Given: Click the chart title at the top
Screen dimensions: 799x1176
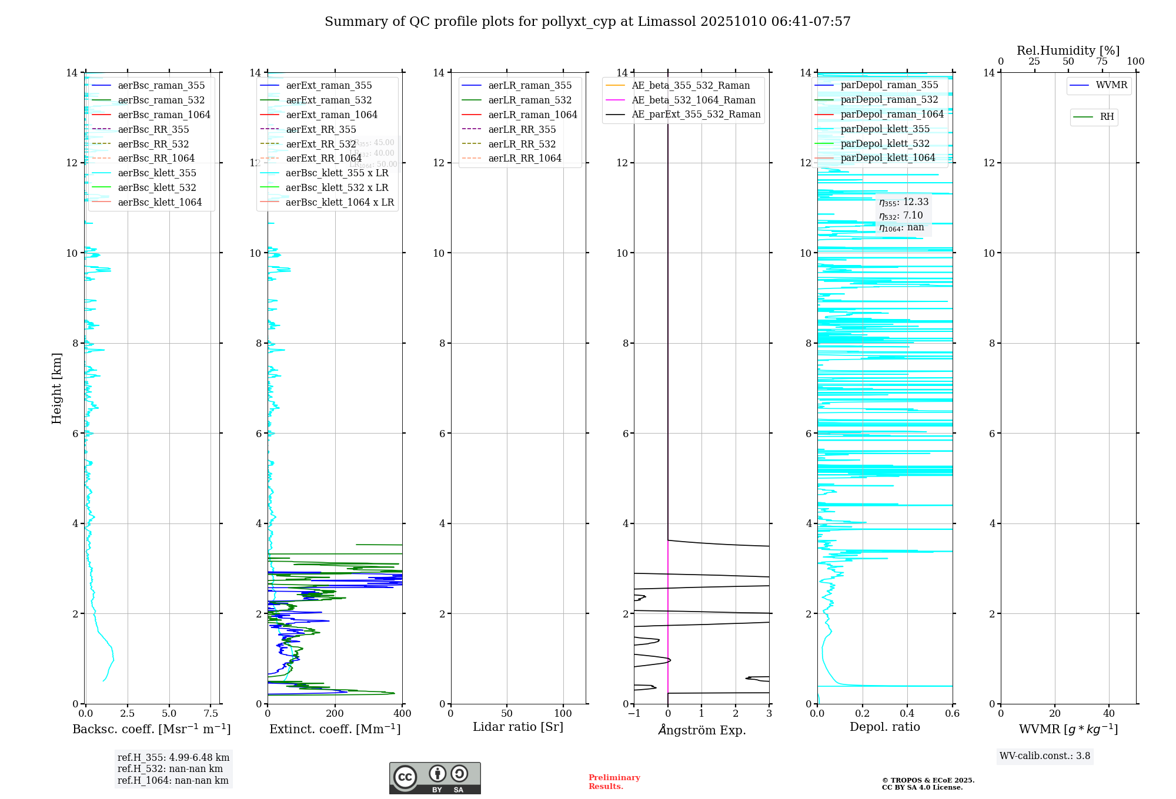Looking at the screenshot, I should coord(587,22).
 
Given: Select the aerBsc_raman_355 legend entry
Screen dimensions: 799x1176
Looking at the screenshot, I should coord(161,86).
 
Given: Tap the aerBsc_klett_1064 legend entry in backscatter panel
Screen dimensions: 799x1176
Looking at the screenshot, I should coord(159,202).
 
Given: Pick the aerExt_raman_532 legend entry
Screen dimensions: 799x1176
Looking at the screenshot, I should coord(329,100).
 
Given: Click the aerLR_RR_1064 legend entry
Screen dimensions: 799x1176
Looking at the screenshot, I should coord(524,158).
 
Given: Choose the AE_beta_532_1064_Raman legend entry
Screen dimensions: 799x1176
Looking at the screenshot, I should coord(693,100).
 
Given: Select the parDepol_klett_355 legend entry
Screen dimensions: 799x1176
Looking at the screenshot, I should coord(885,129).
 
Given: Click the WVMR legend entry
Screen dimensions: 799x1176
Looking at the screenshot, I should coord(1111,85).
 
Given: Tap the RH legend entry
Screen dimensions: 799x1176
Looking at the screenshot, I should coord(1107,117).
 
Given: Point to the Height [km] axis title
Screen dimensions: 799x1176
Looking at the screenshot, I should coord(56,388).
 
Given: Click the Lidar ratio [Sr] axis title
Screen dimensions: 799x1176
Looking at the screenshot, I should coord(518,727).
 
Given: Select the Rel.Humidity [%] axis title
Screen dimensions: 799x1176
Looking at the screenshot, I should coord(1068,51).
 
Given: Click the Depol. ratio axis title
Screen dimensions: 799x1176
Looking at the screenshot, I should coord(884,727).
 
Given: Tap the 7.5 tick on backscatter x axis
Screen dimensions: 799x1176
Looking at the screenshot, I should coord(211,714).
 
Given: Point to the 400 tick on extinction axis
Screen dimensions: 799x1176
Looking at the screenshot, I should coord(402,714).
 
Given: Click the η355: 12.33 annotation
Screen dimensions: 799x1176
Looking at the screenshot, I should coord(904,202).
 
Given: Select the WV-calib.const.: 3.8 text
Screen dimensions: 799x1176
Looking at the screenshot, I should coord(1045,756).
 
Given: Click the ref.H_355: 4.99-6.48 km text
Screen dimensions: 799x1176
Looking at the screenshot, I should coord(173,758).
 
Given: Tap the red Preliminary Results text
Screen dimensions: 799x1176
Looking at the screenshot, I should coord(614,782).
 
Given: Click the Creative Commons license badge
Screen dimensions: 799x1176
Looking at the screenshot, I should coord(435,778).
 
